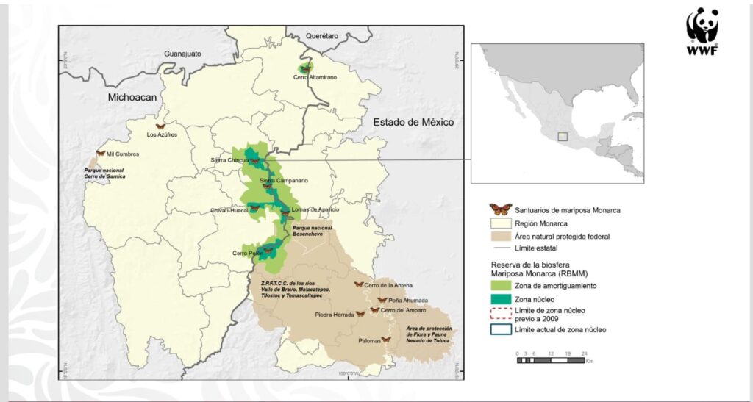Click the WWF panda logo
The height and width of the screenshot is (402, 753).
[702, 31]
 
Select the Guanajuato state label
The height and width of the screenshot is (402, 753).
[188, 54]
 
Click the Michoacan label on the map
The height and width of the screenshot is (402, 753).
[133, 97]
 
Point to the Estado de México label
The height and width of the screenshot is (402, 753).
[413, 122]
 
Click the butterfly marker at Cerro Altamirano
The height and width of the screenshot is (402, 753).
[305, 68]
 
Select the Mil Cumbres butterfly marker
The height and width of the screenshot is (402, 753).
[101, 154]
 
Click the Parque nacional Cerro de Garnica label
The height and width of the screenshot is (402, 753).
[104, 173]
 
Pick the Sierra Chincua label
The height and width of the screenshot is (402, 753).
[227, 160]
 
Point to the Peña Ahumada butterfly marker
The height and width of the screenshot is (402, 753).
[382, 300]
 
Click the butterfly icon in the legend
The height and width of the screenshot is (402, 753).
[501, 209]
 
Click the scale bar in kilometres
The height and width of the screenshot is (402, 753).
[551, 359]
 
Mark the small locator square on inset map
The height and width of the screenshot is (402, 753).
[563, 136]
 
